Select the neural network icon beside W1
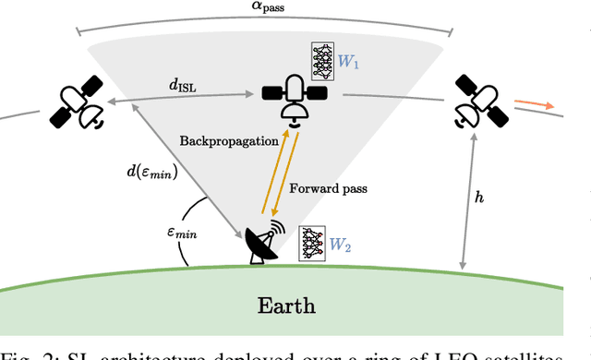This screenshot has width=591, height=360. tap(324, 63)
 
